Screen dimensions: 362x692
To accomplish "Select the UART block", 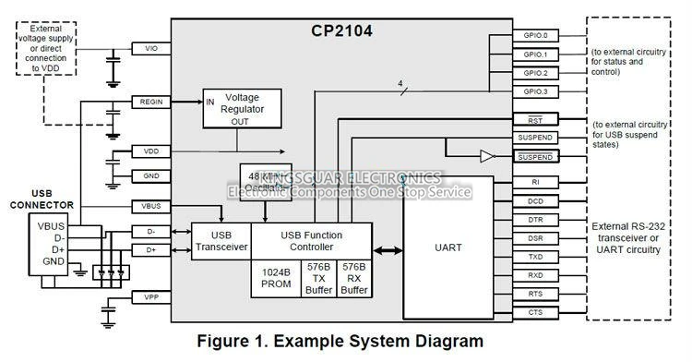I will coord(447,247).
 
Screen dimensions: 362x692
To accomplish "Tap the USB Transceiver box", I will coord(221,240).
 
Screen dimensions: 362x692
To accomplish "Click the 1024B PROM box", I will coord(276,278).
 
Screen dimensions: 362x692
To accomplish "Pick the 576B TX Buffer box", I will coord(318,277).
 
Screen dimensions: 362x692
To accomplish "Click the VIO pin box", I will coord(151,48).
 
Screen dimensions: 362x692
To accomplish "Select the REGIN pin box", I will coord(151,102).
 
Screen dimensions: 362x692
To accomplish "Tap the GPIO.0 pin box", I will coord(535,36).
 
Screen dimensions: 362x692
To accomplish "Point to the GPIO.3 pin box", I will coord(535,91).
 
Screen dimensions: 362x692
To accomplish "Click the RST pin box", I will coord(535,120).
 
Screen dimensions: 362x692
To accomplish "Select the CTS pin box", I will coord(535,312).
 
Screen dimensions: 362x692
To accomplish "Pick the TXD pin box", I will coord(535,257).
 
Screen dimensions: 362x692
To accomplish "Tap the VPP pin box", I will coord(151,297).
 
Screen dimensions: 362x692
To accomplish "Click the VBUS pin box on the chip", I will coord(151,205).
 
